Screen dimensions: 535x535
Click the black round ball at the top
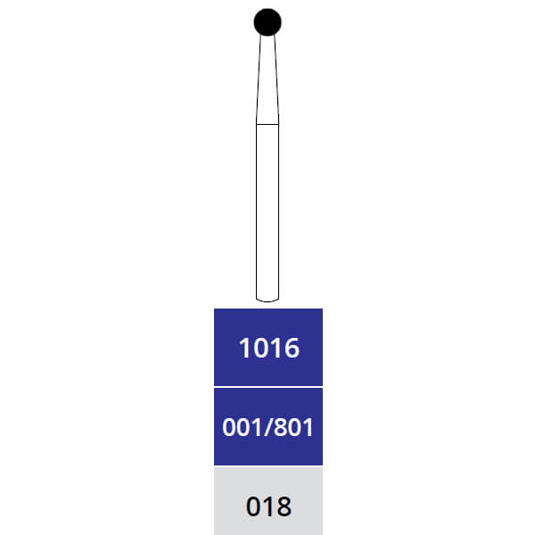(x=267, y=21)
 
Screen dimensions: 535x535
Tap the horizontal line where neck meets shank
(x=267, y=123)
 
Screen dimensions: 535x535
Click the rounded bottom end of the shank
(x=267, y=298)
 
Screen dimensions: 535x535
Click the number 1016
(x=268, y=348)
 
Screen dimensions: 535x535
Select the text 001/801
(x=267, y=427)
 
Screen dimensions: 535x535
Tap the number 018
(x=268, y=507)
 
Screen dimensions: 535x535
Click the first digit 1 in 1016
(x=244, y=348)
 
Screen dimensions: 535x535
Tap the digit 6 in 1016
(x=291, y=348)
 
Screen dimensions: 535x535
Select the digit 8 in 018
(x=284, y=507)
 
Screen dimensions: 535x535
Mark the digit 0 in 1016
(x=259, y=348)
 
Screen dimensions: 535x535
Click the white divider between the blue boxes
(x=267, y=387)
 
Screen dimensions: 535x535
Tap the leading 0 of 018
(x=254, y=507)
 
